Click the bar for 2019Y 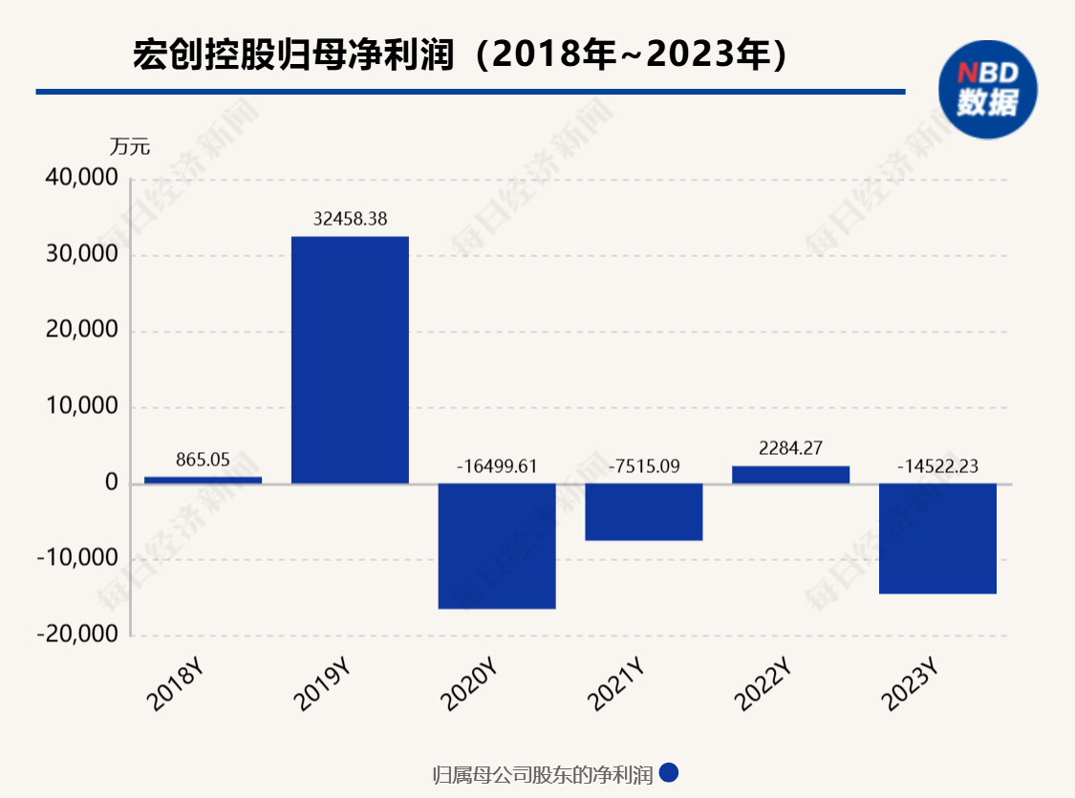coord(350,359)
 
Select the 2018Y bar coord(203,480)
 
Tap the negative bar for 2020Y coord(497,546)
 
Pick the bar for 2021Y coord(644,512)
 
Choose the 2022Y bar coord(790,475)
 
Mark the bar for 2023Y coord(937,538)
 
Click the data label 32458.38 coord(350,219)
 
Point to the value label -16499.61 coord(497,466)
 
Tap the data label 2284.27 coord(790,447)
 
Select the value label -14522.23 coord(937,466)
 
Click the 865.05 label coord(203,459)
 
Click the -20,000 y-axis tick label coord(77,636)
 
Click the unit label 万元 coord(130,147)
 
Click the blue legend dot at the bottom coord(669,773)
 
